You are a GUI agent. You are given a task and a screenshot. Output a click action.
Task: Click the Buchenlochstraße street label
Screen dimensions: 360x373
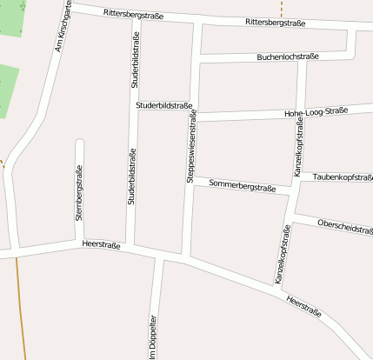click(x=288, y=57)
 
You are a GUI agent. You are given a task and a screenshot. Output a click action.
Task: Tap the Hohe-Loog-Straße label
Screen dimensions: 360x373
click(x=316, y=111)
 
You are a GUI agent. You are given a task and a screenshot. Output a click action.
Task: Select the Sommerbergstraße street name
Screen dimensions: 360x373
click(x=243, y=186)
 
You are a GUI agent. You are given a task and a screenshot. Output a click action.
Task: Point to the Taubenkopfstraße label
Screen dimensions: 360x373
click(x=342, y=177)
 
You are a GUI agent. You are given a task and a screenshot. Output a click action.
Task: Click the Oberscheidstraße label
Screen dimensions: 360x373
click(x=344, y=226)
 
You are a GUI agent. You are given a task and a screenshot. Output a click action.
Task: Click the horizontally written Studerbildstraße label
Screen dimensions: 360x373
click(x=163, y=105)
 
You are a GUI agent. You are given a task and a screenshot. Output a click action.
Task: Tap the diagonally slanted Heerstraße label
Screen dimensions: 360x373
click(x=303, y=306)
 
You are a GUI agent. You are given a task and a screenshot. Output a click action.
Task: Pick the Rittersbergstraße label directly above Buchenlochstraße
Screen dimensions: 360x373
click(x=276, y=21)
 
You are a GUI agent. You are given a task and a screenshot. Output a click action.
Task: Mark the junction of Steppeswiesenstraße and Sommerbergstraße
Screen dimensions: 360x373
click(x=190, y=181)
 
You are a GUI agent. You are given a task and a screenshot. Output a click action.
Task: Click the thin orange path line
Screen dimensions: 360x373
click(x=19, y=304)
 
